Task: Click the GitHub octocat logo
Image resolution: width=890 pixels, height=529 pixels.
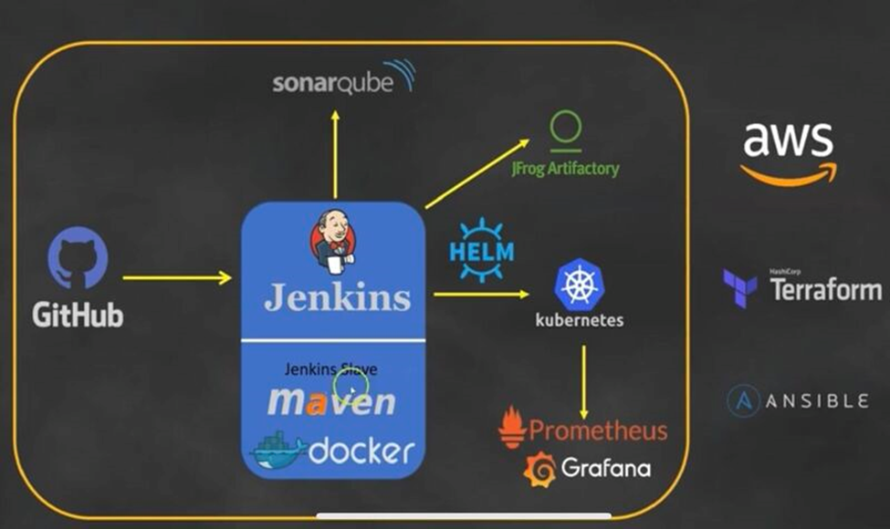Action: point(78,258)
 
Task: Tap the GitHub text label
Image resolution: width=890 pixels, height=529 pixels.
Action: point(78,316)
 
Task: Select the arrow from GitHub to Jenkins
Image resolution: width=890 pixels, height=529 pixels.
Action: point(177,277)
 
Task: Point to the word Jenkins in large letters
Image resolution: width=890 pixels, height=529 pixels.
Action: point(337,297)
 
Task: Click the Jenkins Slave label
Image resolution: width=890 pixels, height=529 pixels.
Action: point(330,369)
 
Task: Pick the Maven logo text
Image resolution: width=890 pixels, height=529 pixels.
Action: point(331,401)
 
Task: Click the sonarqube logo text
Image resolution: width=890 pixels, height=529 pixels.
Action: point(332,83)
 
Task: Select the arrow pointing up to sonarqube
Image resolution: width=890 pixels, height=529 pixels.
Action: point(335,153)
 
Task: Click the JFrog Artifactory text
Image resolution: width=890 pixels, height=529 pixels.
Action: point(565,169)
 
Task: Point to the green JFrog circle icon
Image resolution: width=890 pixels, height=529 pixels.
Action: point(565,127)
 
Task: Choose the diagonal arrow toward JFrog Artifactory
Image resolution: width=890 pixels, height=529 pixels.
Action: point(476,173)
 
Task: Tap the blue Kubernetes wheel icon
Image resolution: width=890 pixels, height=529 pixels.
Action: point(580,284)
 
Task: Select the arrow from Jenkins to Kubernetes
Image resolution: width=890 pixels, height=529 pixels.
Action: point(481,294)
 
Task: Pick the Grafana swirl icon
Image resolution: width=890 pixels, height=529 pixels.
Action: point(539,469)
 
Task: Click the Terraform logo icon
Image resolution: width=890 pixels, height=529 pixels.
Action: point(738,288)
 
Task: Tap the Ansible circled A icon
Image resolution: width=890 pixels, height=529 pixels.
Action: point(743,401)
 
